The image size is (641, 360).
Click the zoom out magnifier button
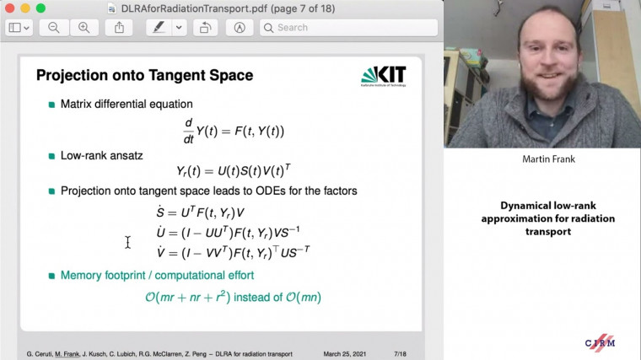[x=54, y=27]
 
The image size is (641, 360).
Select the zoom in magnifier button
[x=83, y=27]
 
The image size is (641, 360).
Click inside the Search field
[x=354, y=27]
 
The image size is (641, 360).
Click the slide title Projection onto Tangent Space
[x=144, y=75]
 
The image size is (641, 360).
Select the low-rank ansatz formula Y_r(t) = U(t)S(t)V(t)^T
[x=234, y=170]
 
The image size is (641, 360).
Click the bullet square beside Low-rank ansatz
[x=51, y=156]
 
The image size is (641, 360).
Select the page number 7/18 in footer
[x=400, y=353]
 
